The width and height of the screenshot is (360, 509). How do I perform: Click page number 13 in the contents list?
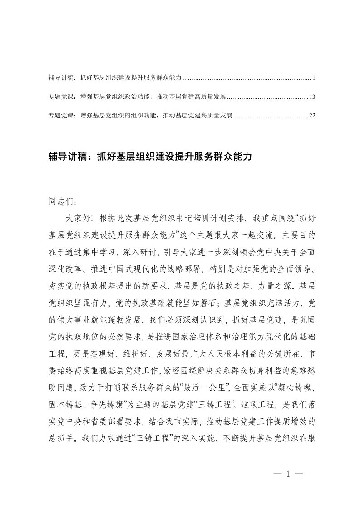[312, 97]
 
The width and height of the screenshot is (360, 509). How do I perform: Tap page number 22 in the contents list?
[312, 116]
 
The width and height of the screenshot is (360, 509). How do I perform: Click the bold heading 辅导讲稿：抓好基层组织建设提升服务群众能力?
[150, 157]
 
